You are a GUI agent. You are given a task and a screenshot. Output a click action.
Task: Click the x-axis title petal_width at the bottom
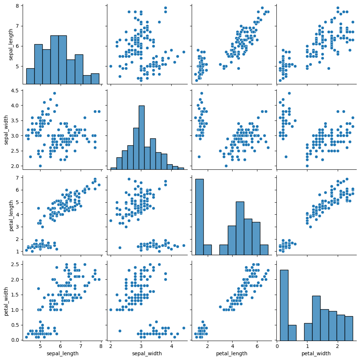click(x=316, y=353)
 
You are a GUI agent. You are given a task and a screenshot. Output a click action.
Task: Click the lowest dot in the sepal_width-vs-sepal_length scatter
click(x=40, y=166)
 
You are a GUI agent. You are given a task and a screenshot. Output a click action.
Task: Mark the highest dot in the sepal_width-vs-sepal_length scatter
click(x=54, y=93)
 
